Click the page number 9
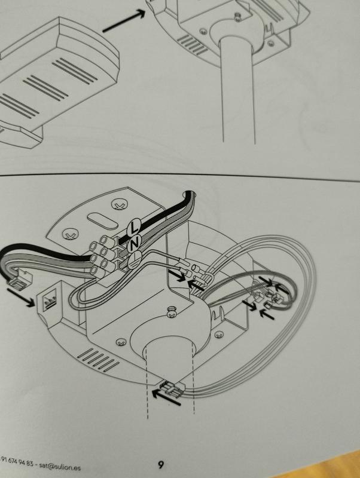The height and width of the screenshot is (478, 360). pos(161,464)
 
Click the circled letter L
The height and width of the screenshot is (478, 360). pos(133,226)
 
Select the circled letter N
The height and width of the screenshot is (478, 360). pos(134,243)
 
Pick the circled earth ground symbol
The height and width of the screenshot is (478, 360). pos(134,260)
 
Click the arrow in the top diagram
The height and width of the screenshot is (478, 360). pos(124,20)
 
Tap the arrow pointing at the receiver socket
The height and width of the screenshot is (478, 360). pos(21,298)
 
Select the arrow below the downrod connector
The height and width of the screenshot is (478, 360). pos(166,398)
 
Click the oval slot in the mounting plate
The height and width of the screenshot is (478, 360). pos(102,221)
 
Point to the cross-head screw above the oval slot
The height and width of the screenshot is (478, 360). pos(118,204)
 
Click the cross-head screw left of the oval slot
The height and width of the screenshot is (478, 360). pos(70,234)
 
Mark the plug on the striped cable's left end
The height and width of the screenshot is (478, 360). pos(20,280)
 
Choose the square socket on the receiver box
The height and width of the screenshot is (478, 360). pos(49,302)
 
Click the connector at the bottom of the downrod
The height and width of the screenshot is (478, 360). pos(173,389)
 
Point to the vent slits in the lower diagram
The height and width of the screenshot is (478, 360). pos(98,360)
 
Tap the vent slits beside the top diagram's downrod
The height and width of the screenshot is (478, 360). pos(193,45)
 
